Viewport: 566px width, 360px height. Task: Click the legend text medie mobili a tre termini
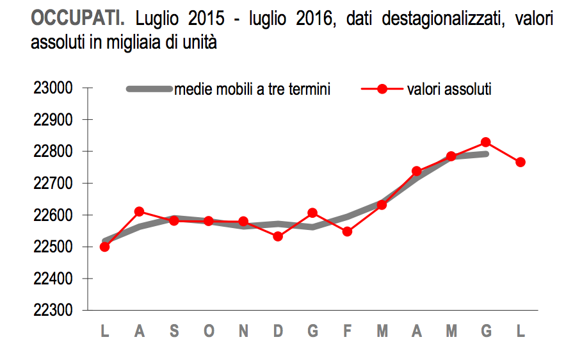(253, 90)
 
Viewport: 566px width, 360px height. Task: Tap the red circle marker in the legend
(382, 90)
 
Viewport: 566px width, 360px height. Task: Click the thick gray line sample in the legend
(150, 90)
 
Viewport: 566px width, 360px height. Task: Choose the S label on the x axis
(174, 332)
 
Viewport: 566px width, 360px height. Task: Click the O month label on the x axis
(209, 332)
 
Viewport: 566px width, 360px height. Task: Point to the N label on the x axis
(243, 332)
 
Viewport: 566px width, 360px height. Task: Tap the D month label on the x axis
(278, 332)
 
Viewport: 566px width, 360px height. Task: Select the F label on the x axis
(348, 332)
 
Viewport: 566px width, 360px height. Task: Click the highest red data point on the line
(486, 142)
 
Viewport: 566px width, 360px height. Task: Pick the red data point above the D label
(278, 236)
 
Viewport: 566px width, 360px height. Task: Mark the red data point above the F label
(347, 231)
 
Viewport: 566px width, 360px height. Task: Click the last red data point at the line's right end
(521, 162)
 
